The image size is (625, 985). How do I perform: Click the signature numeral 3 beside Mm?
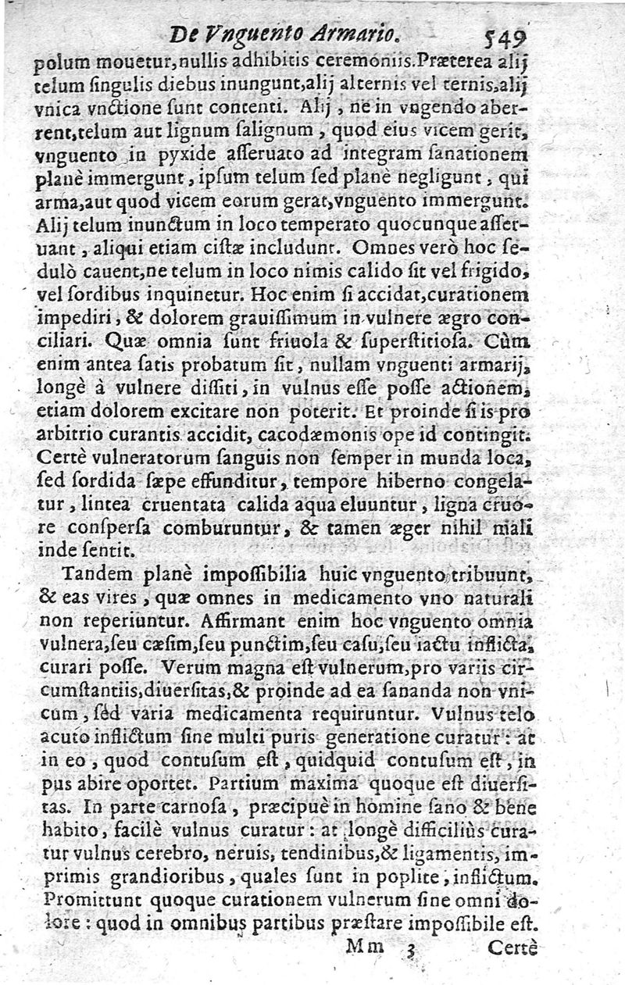coord(409,948)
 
